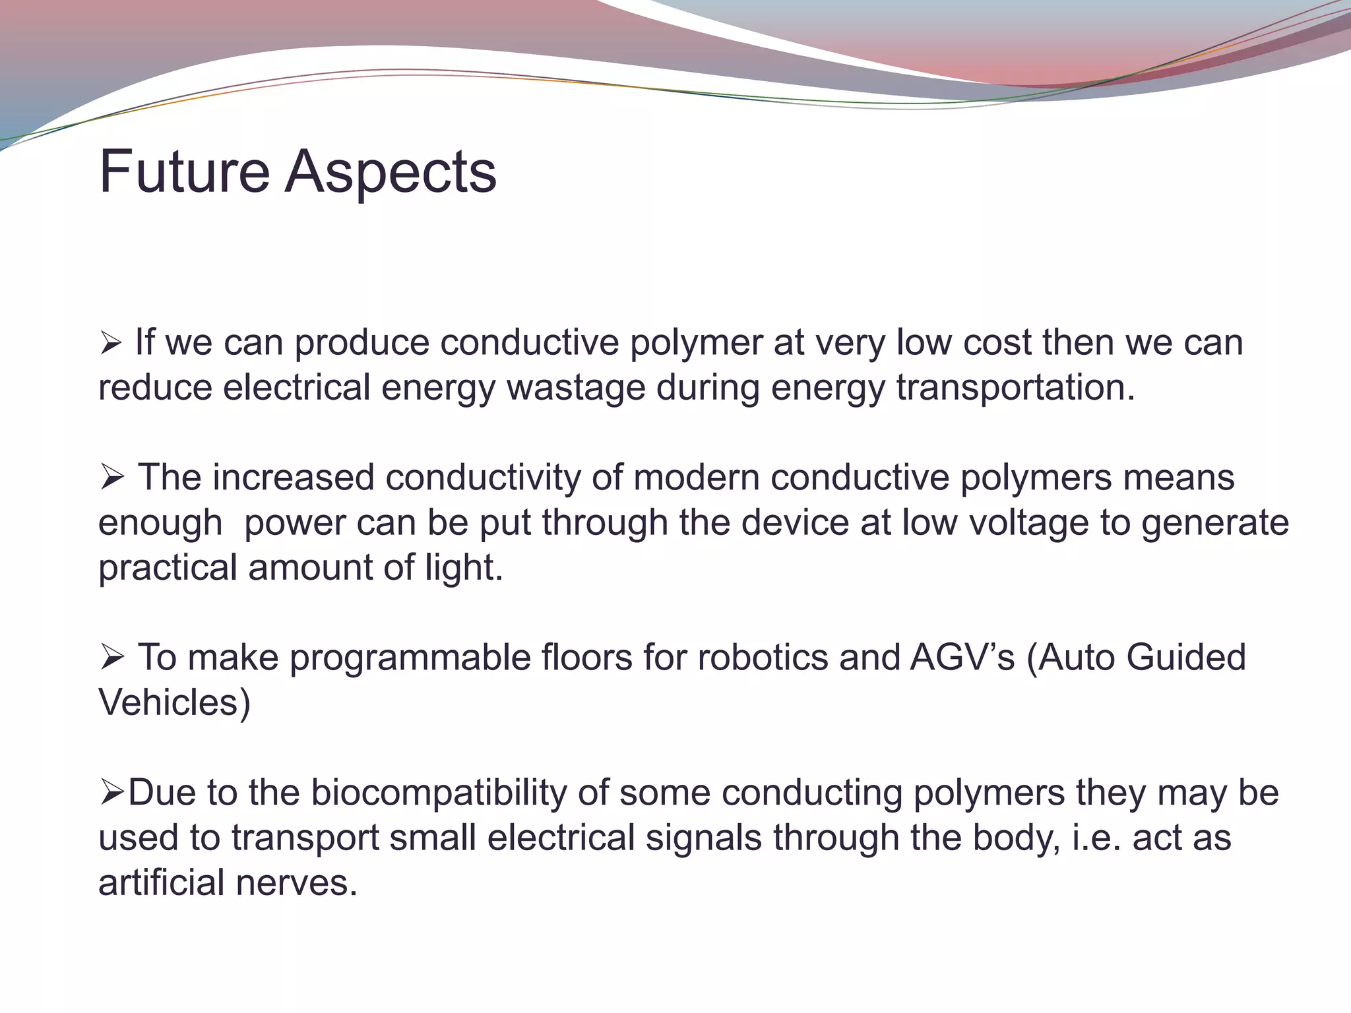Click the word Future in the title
184,172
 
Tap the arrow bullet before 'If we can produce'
110,343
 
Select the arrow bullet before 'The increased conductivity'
111,477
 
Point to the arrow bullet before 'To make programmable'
111,658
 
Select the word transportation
1015,388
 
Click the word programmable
410,658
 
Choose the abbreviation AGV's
962,658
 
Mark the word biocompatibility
439,793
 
